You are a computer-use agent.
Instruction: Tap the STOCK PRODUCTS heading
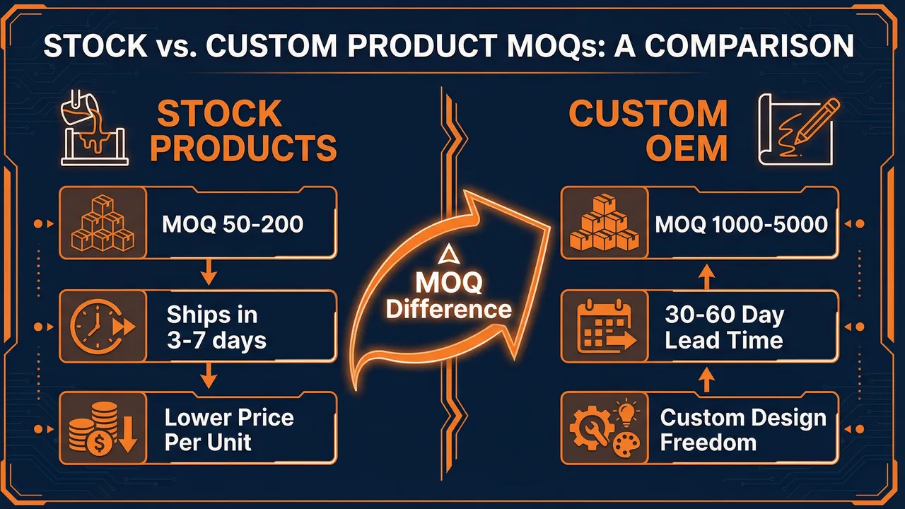[245, 131]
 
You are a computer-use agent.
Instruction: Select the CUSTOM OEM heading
[648, 131]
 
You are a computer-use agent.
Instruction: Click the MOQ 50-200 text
[233, 225]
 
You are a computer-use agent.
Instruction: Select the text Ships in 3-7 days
[216, 327]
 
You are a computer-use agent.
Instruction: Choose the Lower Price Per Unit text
[229, 429]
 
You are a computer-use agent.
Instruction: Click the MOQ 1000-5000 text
[741, 225]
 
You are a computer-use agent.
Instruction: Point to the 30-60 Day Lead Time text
[724, 327]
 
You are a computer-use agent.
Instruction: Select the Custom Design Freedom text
[742, 429]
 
